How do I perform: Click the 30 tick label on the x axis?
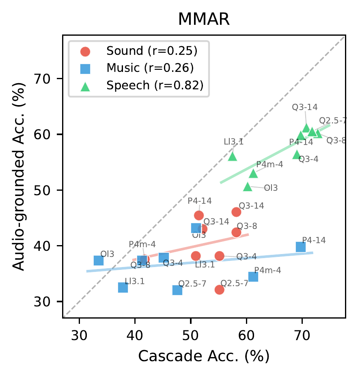point(79,336)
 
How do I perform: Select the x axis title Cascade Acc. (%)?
point(204,356)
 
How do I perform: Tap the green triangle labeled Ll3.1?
point(233,156)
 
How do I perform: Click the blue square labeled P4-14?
point(301,247)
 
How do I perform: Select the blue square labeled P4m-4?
point(253,277)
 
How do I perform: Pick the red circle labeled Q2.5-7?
point(220,289)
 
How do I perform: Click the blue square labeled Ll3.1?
point(123,287)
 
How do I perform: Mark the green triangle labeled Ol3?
point(248,187)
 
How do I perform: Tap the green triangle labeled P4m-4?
point(253,174)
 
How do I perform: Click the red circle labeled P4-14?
point(199,215)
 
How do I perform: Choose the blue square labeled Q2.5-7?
point(177,290)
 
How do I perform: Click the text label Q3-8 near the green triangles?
point(336,140)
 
